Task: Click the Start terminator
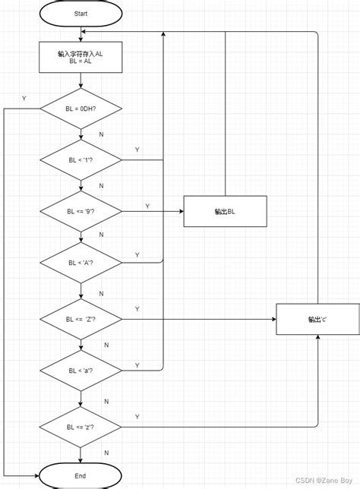click(x=80, y=14)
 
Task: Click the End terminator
click(x=80, y=475)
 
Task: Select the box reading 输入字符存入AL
click(x=80, y=58)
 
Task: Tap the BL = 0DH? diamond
click(x=80, y=109)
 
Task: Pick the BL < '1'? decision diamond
click(x=80, y=160)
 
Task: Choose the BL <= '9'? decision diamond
click(x=80, y=212)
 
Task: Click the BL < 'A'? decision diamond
click(x=80, y=263)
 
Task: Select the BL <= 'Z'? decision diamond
click(x=80, y=319)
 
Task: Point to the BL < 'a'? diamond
click(x=80, y=371)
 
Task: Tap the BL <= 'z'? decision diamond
click(x=80, y=427)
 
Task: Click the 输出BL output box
click(x=225, y=211)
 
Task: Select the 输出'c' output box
click(x=317, y=319)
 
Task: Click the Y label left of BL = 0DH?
click(x=24, y=99)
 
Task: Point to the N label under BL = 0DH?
click(x=101, y=134)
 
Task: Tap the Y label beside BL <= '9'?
click(x=147, y=206)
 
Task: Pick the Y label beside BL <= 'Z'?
click(x=137, y=309)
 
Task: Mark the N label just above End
click(x=106, y=453)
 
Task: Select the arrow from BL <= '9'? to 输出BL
click(x=152, y=212)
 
